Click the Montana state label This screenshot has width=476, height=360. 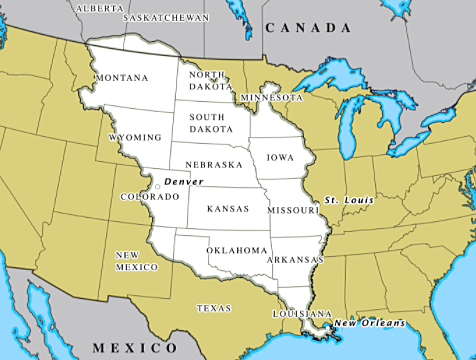pos(121,78)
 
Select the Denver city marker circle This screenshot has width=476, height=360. pos(158,186)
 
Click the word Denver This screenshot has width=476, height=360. pos(183,182)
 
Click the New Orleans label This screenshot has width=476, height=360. pos(370,322)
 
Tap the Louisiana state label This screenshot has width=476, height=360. pos(300,314)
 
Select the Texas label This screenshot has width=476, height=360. pos(215,308)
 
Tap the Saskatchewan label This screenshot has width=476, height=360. pos(166,18)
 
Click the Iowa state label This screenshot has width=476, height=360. pos(281,157)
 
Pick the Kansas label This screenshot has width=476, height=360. pos(227,210)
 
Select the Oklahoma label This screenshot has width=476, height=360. pos(237,250)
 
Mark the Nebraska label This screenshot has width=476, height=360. pos(214,164)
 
